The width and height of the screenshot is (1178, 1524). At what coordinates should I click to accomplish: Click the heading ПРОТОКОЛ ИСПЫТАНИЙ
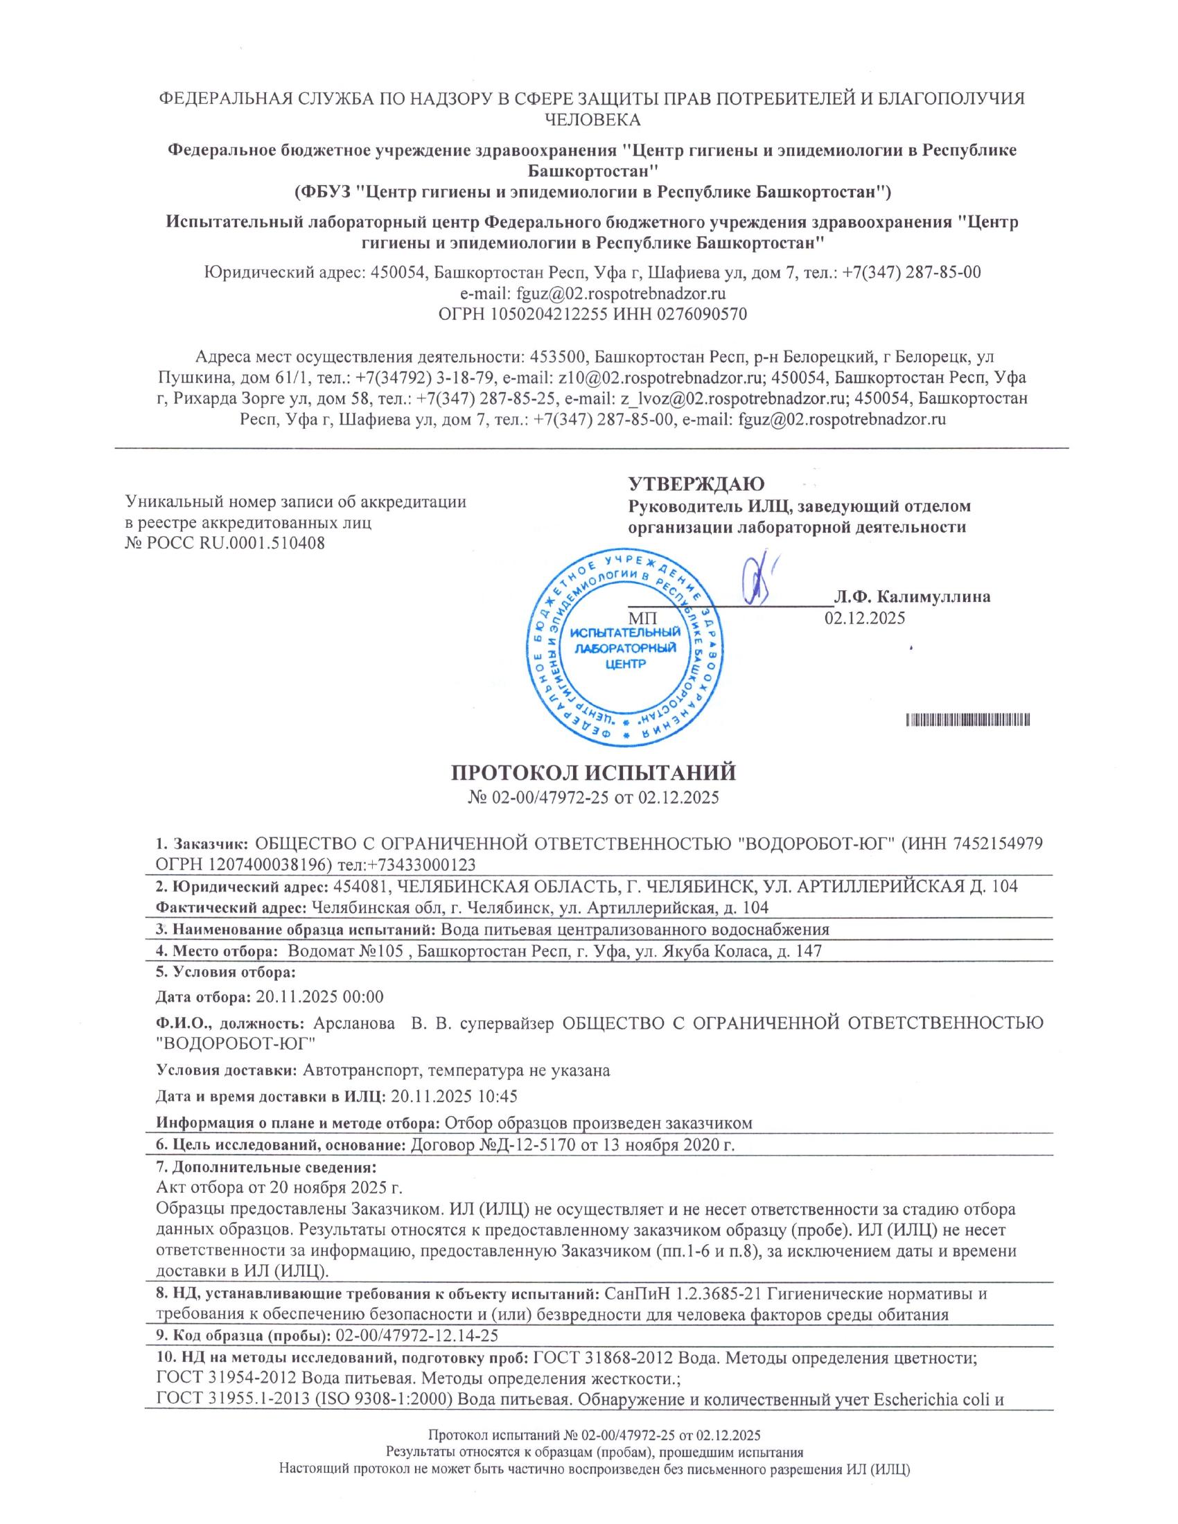(x=592, y=773)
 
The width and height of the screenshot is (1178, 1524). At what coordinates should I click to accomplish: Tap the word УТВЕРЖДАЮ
(x=696, y=484)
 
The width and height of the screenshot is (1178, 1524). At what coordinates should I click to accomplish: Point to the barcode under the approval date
(x=969, y=720)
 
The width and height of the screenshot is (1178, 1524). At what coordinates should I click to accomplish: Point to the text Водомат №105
(x=346, y=950)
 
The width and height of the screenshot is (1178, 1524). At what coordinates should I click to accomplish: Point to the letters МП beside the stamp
(x=642, y=618)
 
